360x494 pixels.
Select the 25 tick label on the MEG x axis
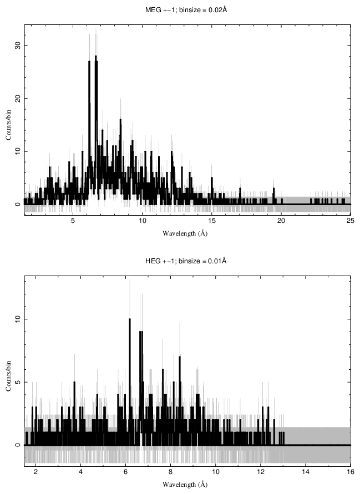pos(350,221)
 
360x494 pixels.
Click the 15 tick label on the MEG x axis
pos(211,221)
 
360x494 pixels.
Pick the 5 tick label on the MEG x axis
pos(73,221)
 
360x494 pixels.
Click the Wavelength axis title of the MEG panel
pos(185,233)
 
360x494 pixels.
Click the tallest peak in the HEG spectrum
pos(130,320)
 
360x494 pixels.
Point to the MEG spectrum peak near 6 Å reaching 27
pos(89,62)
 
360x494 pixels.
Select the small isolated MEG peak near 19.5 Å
pos(274,189)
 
